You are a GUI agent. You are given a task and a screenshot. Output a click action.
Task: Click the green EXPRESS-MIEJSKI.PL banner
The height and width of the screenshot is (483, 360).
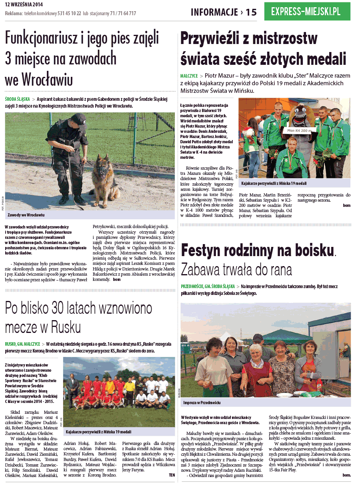(x=307, y=12)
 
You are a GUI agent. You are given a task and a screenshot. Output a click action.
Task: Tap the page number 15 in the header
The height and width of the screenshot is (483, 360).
(x=251, y=12)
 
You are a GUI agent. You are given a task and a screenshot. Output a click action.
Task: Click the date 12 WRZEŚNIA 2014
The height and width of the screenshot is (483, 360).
(x=24, y=5)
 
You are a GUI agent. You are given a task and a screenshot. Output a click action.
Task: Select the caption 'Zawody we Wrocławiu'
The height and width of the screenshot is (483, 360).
(x=26, y=215)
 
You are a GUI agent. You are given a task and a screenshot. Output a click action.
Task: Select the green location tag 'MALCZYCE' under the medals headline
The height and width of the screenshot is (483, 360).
(x=189, y=76)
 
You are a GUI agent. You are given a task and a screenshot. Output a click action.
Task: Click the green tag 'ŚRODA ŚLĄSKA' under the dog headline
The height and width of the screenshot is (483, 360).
(x=17, y=99)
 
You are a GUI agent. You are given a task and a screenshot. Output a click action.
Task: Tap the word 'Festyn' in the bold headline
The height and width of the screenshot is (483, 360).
(x=204, y=251)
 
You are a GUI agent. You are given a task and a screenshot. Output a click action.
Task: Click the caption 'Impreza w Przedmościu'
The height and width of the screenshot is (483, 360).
(x=202, y=403)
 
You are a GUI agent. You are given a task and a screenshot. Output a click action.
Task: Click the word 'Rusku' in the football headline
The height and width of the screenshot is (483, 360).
(x=63, y=327)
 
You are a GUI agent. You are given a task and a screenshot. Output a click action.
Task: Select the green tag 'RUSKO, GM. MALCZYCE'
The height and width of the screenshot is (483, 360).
(x=23, y=344)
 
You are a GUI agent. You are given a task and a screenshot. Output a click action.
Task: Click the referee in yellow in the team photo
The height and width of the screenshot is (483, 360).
(x=129, y=388)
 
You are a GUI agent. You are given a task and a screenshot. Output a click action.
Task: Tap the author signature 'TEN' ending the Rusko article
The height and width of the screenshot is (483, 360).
(x=172, y=475)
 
